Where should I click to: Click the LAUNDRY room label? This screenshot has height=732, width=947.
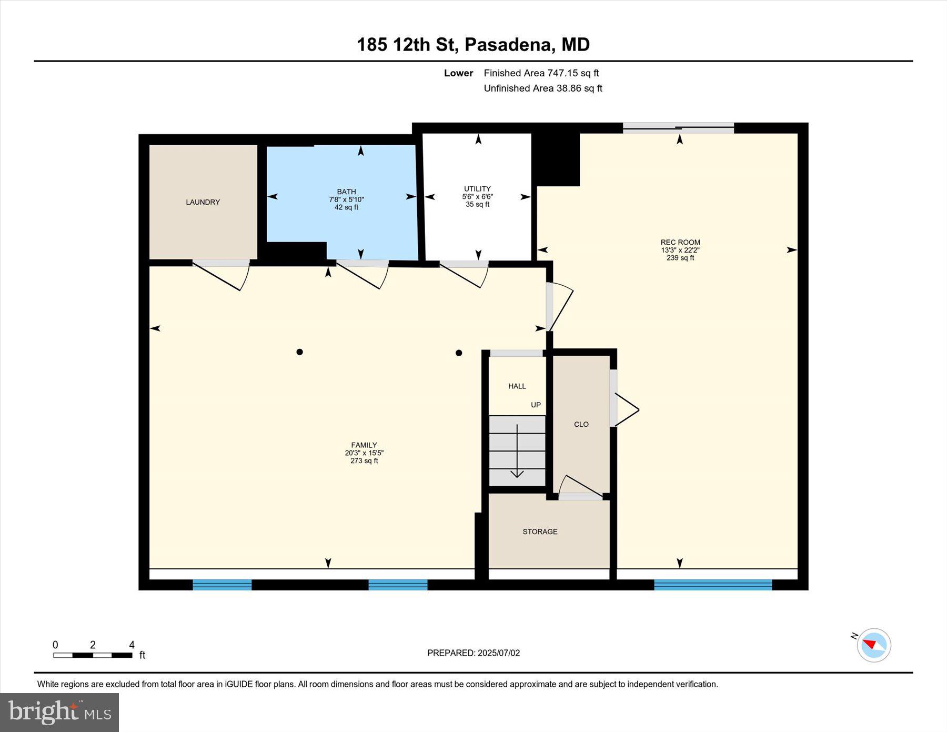click(203, 202)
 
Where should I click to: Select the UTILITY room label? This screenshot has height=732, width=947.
click(477, 188)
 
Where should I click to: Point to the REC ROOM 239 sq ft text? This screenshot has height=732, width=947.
click(680, 258)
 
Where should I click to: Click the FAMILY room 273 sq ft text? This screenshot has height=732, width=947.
click(364, 461)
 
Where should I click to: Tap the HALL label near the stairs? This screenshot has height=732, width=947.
click(517, 386)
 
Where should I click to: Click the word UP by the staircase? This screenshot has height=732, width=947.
click(536, 405)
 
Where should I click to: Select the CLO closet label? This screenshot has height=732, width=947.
click(581, 424)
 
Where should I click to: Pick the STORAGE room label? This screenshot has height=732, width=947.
click(540, 532)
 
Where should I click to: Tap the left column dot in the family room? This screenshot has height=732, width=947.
click(299, 352)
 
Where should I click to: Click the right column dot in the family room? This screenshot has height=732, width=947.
click(459, 353)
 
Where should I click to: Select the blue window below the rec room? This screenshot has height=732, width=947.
click(713, 584)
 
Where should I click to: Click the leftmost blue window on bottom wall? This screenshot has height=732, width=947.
click(222, 584)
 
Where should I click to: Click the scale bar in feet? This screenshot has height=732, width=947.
click(93, 655)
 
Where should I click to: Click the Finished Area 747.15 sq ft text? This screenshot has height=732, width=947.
click(541, 73)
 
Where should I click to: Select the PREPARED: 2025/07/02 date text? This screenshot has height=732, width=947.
click(473, 653)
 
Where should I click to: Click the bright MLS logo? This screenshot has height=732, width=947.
click(59, 712)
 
